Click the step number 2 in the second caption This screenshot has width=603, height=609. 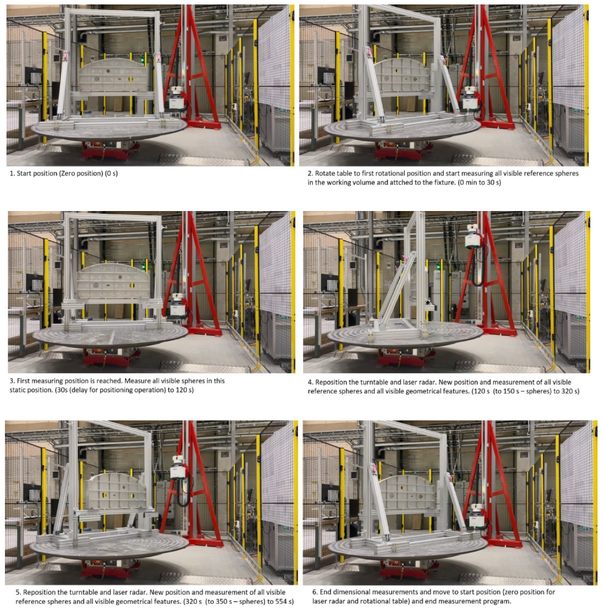pyautogui.click(x=310, y=174)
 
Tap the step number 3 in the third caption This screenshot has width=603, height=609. pyautogui.click(x=12, y=381)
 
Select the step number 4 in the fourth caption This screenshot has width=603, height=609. pyautogui.click(x=310, y=382)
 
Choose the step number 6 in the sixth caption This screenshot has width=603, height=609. pyautogui.click(x=315, y=592)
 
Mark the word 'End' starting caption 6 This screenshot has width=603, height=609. pyautogui.click(x=326, y=592)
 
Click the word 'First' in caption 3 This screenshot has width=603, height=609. pyautogui.click(x=25, y=381)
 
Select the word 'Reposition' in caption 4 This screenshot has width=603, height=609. pyautogui.click(x=333, y=382)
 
